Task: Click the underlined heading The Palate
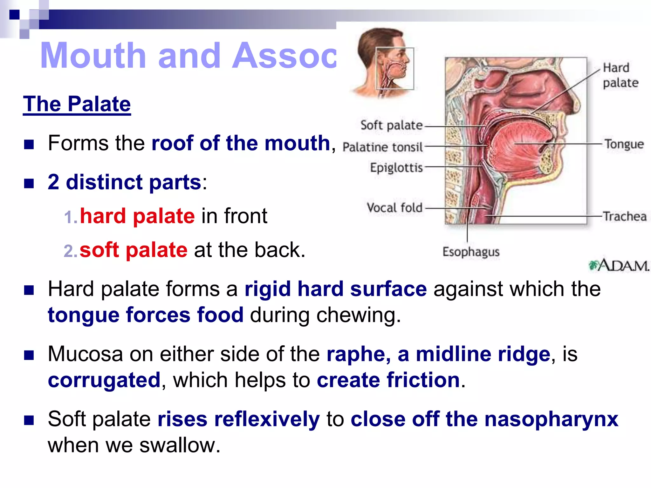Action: [x=77, y=104]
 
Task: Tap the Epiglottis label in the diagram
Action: [x=396, y=167]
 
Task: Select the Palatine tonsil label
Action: [x=383, y=147]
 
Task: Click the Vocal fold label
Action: [x=394, y=208]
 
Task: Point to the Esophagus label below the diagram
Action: [x=471, y=252]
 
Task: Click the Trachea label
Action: [x=625, y=216]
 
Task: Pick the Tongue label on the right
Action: [x=624, y=144]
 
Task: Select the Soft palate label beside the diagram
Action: [x=391, y=125]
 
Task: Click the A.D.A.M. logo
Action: [x=618, y=265]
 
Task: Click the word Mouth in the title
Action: [x=93, y=56]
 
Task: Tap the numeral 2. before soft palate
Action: [x=70, y=251]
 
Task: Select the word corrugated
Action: [x=104, y=380]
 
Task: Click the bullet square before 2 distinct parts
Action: [x=29, y=183]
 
